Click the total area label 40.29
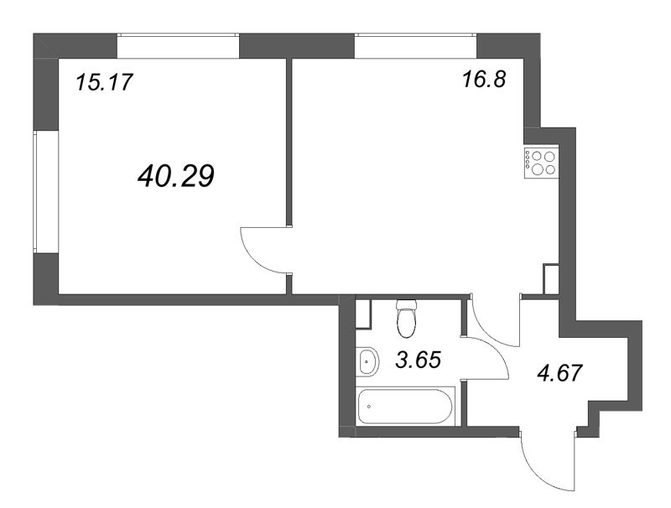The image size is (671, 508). tap(175, 175)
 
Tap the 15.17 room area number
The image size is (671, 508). tap(105, 82)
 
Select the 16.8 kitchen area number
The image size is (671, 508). tap(484, 82)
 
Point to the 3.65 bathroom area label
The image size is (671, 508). tap(418, 361)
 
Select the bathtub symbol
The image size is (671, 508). tap(404, 408)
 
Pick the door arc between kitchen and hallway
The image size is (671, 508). tap(495, 323)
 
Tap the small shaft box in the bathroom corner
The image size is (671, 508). tap(364, 314)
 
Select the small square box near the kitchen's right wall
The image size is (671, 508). tap(551, 278)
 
